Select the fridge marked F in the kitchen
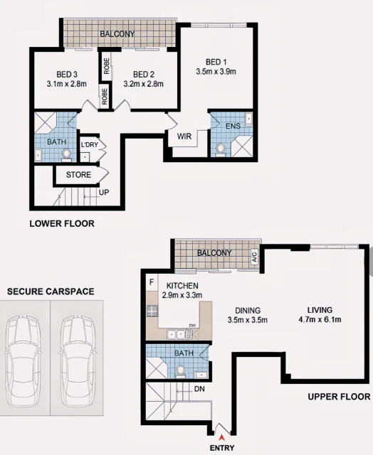(152, 282)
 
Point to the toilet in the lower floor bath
(66, 154)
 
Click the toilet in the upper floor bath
(181, 371)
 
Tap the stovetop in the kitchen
(152, 311)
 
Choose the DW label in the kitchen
(192, 326)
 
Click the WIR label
(184, 136)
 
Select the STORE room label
(78, 175)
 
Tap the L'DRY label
(90, 144)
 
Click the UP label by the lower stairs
(104, 193)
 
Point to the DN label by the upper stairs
(199, 389)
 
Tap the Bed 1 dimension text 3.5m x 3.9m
(216, 72)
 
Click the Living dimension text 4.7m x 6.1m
(320, 319)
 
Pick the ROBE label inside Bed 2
(106, 66)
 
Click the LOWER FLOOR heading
(62, 224)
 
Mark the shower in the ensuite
(241, 146)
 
